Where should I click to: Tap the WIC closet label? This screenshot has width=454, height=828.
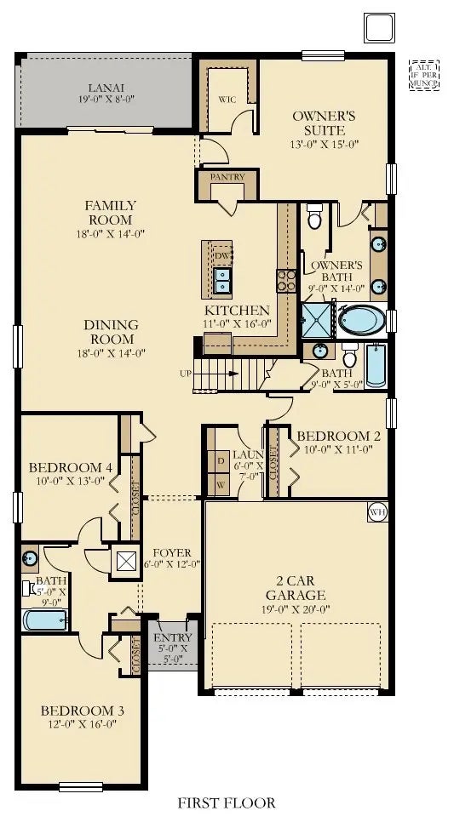coord(227,99)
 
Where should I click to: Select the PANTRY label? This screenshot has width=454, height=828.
coord(227,177)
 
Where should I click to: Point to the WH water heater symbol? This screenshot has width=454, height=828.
coord(377,511)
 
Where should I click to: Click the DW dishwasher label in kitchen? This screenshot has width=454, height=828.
coord(221,255)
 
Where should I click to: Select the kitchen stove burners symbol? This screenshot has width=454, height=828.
coord(284,280)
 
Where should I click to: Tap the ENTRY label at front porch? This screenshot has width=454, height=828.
coord(172,637)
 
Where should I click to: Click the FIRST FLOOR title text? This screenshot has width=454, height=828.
coord(226,802)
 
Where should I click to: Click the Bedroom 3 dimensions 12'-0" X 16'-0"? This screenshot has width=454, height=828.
coord(78,724)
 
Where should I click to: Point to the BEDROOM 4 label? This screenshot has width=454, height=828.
coord(70,467)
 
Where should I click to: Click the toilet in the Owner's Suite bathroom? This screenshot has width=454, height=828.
coord(314,215)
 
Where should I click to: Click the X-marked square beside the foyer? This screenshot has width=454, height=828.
coord(126,561)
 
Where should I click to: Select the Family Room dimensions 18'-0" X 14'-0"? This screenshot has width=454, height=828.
coord(110,232)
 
